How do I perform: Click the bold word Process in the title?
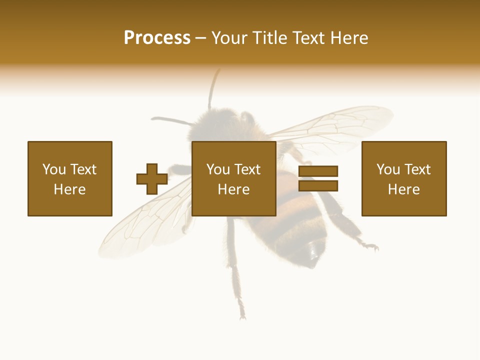coord(157,38)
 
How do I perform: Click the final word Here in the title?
coord(349,38)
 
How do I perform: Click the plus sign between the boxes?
coord(152,179)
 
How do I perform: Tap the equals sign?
coord(318,178)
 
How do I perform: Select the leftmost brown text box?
coord(69,178)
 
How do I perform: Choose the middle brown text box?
coord(233,178)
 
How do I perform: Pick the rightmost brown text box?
coord(403,178)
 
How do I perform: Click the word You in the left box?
coord(53,169)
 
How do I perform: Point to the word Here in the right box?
coord(403,189)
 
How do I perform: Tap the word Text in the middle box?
coord(247,169)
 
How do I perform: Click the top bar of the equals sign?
coord(318,171)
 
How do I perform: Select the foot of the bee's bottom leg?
coord(242,314)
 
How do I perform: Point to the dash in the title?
coord(200,38)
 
